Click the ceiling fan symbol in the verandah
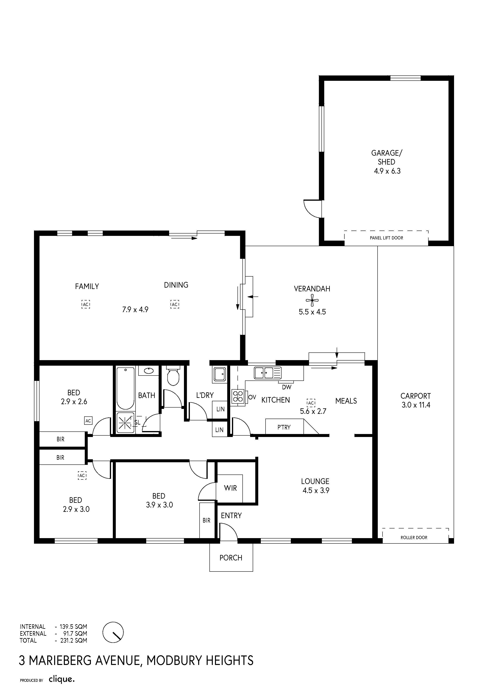tap(312, 300)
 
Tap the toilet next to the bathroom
tap(173, 376)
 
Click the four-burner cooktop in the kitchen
tap(238, 396)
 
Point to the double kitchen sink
tap(268, 373)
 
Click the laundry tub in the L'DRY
tap(220, 375)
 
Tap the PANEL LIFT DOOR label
tap(386, 238)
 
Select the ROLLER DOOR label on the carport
tap(414, 538)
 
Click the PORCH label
tap(231, 558)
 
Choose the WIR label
tap(230, 488)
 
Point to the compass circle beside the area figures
tap(113, 632)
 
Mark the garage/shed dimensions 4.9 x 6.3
tap(387, 171)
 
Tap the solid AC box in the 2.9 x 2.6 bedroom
tap(88, 421)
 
